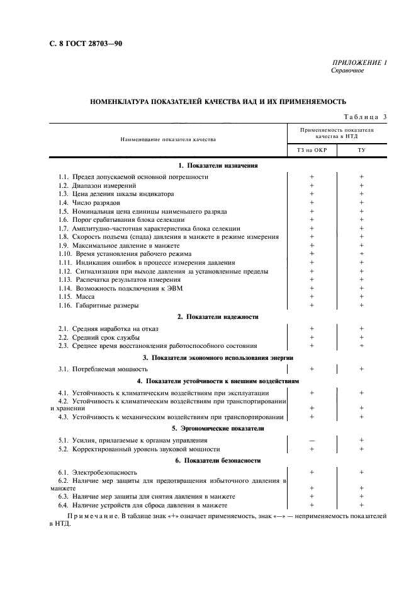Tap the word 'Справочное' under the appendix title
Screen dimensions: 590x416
point(347,71)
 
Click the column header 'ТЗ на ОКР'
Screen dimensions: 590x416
point(312,151)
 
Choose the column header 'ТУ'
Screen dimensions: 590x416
point(361,151)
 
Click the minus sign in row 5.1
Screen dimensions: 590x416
point(312,441)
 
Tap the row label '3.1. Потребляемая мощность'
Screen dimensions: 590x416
point(103,369)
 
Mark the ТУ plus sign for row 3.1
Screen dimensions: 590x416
point(361,369)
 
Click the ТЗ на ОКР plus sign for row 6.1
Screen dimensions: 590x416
point(312,472)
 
